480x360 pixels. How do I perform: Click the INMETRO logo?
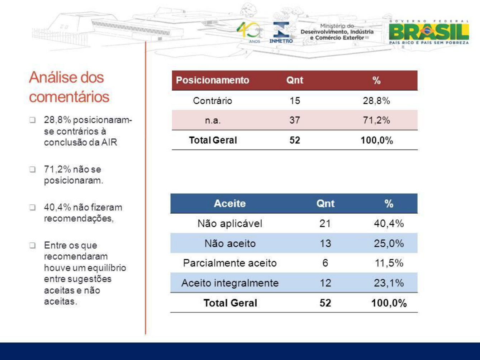pos(281,32)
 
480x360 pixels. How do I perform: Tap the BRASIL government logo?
pos(429,32)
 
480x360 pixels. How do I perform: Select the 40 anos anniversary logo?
pos(249,32)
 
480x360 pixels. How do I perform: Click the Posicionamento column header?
pos(212,80)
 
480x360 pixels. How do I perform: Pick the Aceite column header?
pos(230,203)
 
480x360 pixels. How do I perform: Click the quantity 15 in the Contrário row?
pos(295,101)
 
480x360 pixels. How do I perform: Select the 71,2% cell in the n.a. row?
pos(376,120)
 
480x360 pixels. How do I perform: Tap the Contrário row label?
pos(212,101)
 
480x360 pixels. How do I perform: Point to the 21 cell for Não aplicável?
pos(325,223)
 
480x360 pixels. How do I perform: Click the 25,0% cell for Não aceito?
pos(389,243)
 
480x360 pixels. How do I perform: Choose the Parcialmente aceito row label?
pos(230,263)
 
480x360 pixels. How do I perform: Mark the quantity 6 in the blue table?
pos(325,263)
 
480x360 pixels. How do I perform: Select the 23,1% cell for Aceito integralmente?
pos(389,283)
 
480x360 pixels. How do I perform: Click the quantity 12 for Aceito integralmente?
pos(325,283)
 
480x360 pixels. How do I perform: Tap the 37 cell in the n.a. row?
pos(295,120)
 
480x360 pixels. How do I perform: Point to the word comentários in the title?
pos(69,97)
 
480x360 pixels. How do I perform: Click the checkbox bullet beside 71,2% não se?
pos(32,170)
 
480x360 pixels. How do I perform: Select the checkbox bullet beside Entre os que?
pos(32,245)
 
